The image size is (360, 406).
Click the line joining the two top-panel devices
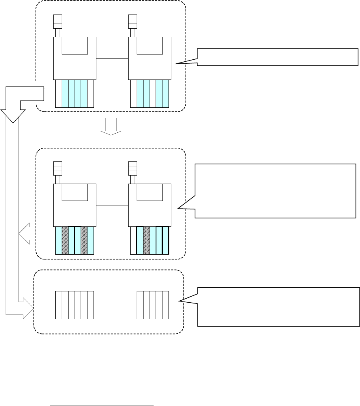pyautogui.click(x=112, y=59)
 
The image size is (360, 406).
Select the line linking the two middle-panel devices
pyautogui.click(x=112, y=205)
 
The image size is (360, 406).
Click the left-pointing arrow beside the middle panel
pyautogui.click(x=30, y=234)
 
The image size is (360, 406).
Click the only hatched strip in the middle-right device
pyautogui.click(x=147, y=240)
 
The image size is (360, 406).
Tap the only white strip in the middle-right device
pyautogui.click(x=134, y=240)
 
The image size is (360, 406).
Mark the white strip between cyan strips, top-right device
pyautogui.click(x=153, y=93)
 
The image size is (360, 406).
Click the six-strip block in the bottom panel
pyautogui.click(x=75, y=305)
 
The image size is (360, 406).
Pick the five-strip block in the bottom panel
pyautogui.click(x=152, y=305)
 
